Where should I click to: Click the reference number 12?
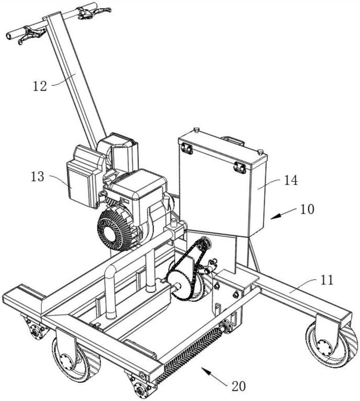click(x=40, y=86)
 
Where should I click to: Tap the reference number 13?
click(x=38, y=176)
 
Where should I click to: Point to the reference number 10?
click(x=307, y=209)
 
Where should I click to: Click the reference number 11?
click(x=327, y=280)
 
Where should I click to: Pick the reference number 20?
click(x=238, y=386)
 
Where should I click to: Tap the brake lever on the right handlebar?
click(x=94, y=12)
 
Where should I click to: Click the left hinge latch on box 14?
click(x=187, y=148)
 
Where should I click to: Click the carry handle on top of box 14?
click(x=233, y=140)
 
